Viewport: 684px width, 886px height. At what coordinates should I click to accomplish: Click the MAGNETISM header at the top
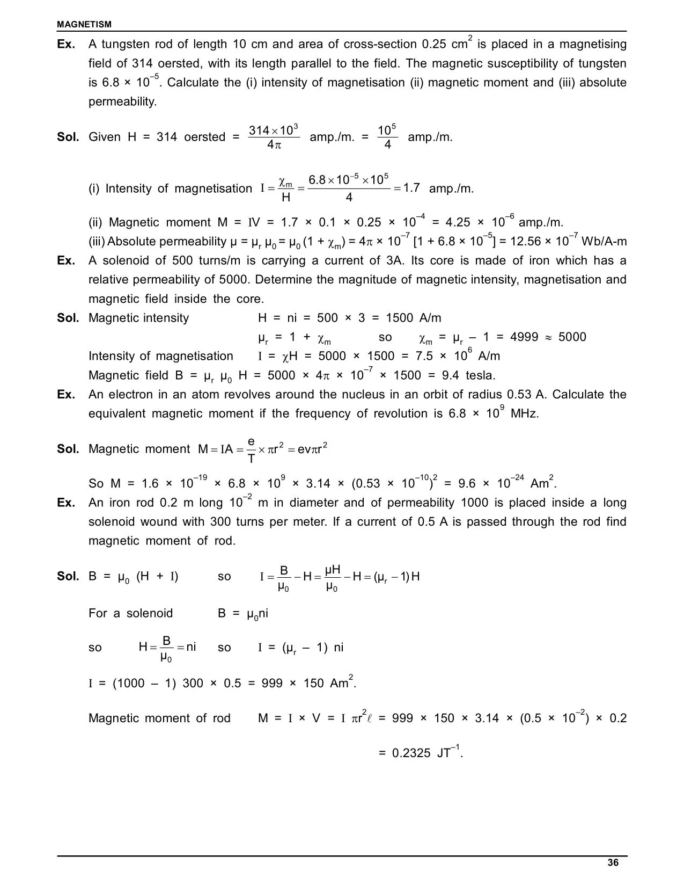coord(84,24)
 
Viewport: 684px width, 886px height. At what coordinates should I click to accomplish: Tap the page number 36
coord(613,863)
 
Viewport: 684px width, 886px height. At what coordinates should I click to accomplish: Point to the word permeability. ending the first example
coord(122,101)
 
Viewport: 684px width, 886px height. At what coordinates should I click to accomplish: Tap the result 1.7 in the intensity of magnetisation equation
coord(411,188)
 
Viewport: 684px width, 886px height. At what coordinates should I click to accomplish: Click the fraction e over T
coord(251,449)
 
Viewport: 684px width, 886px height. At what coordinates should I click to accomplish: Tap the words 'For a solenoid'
coord(130,613)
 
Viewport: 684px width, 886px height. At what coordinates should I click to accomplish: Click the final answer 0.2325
coord(411,753)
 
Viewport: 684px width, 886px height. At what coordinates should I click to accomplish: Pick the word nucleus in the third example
coord(364,395)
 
